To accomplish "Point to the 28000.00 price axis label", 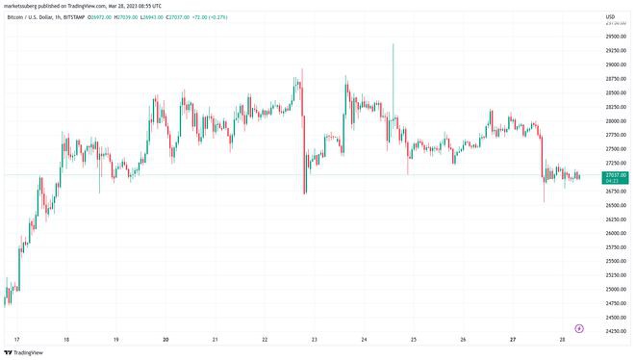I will click(x=612, y=121).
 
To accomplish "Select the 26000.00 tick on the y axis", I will click(x=612, y=233).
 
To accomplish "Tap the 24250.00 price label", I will click(x=612, y=331).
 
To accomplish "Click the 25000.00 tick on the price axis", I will click(x=612, y=289).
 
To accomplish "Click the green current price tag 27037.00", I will click(x=613, y=177).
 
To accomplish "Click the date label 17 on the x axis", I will click(x=16, y=340).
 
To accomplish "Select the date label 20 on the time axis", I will click(x=166, y=340).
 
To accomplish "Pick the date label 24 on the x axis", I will click(x=365, y=340).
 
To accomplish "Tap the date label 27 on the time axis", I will click(x=513, y=340).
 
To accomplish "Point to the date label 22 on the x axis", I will click(x=266, y=340).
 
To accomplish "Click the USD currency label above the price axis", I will click(x=610, y=16).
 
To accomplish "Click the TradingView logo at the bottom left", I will click(x=26, y=352).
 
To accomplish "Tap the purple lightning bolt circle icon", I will click(x=579, y=328).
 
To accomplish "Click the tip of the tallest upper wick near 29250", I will click(x=394, y=44).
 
